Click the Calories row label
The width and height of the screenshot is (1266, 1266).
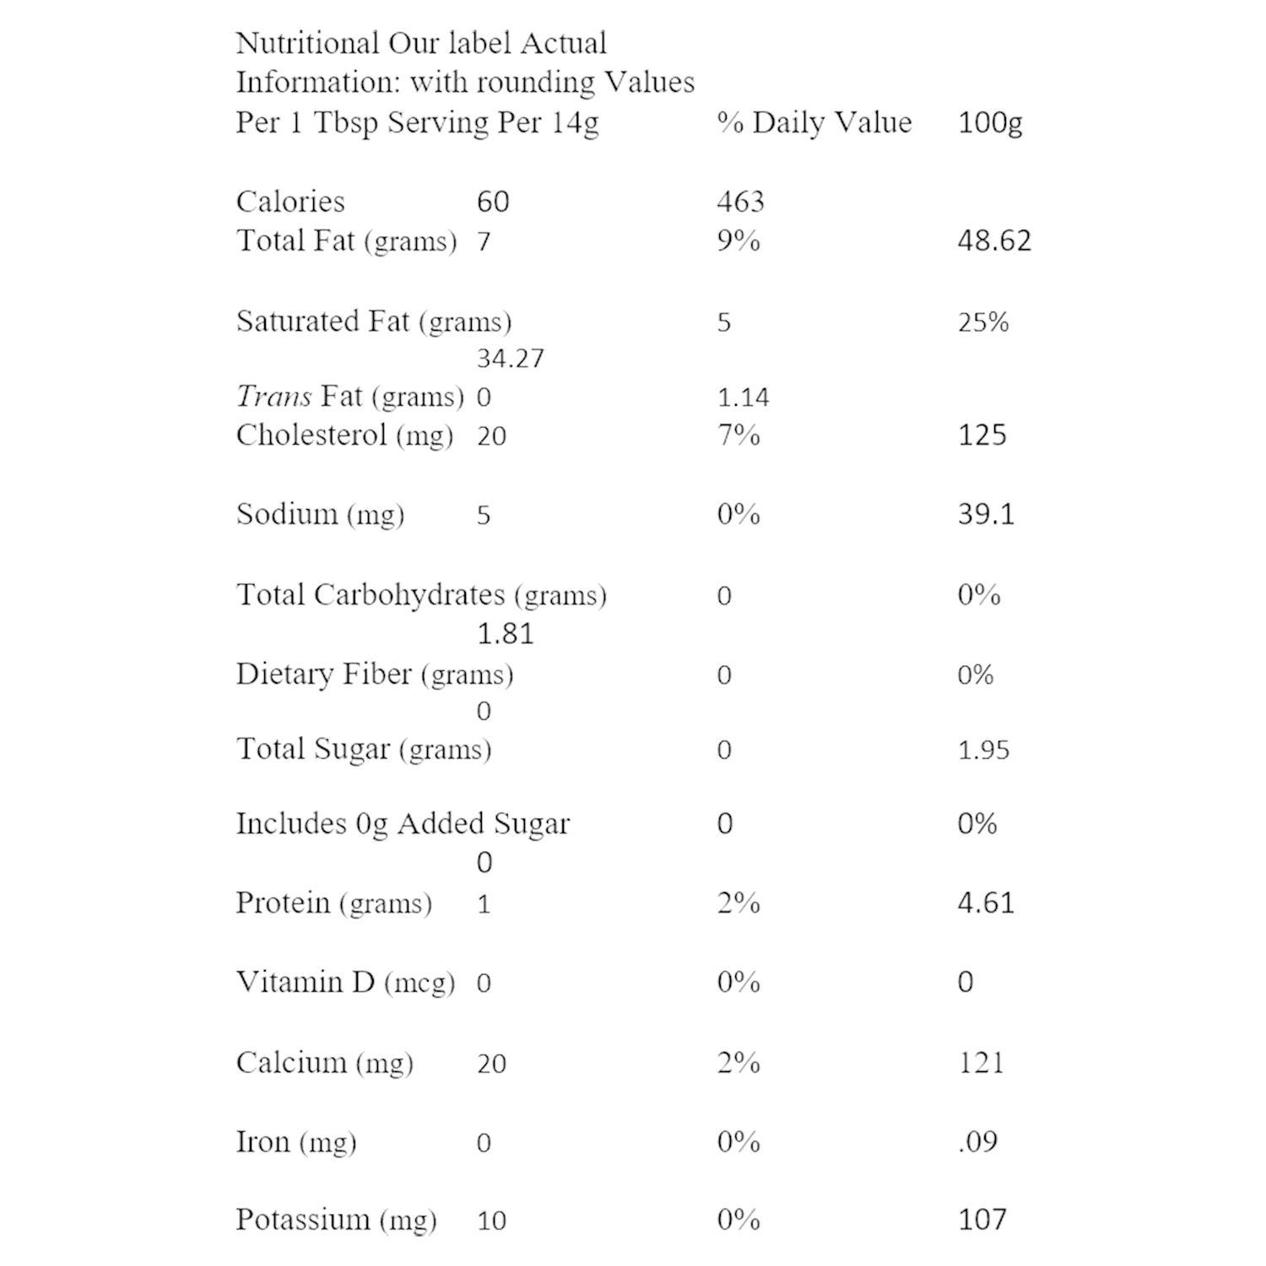point(290,202)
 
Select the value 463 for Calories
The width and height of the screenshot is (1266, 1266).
point(740,202)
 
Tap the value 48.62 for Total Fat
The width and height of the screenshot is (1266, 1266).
point(994,241)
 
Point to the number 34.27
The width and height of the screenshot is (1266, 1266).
point(511,359)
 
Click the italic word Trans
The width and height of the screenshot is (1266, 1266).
point(273,396)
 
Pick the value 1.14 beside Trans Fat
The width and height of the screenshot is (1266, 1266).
point(743,397)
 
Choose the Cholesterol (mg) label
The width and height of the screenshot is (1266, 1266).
point(344,436)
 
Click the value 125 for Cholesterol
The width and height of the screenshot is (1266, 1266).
point(982,436)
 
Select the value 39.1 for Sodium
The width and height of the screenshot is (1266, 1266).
point(986,514)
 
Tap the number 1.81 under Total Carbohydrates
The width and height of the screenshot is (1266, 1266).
point(506,633)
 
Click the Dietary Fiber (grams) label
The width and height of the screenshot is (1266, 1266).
point(375,674)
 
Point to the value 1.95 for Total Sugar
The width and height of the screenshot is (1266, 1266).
point(983,749)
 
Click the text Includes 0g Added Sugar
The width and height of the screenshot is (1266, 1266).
point(403,824)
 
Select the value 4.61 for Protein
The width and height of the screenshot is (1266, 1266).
point(986,903)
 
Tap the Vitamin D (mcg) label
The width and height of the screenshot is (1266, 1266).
point(345,982)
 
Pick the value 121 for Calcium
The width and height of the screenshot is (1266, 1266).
point(981,1062)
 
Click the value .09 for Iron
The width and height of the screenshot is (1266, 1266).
point(977,1141)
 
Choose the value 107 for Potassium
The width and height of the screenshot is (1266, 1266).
point(982,1220)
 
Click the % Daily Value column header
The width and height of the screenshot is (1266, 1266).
point(814,122)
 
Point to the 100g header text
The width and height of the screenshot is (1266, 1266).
point(990,122)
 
